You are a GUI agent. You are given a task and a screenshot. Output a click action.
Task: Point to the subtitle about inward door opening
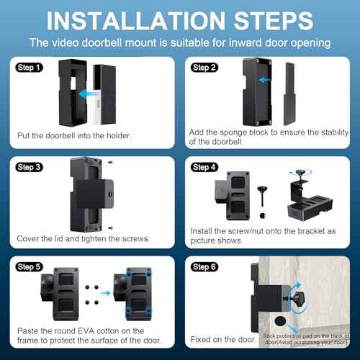(x=180, y=43)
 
